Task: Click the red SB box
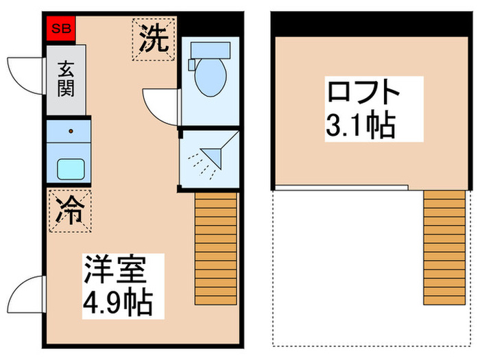[x=60, y=29]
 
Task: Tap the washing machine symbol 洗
[x=155, y=40]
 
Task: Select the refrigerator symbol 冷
[x=69, y=211]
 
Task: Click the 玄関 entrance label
[x=66, y=80]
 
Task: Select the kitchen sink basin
[x=69, y=167]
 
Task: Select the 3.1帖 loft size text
[x=361, y=125]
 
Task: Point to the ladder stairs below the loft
[x=444, y=247]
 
